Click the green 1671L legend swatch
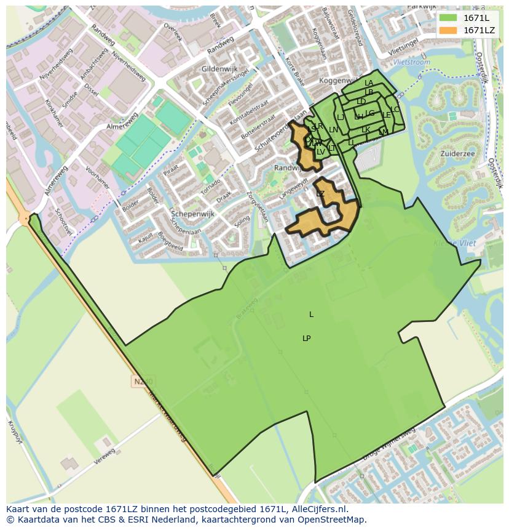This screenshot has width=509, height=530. tap(448, 18)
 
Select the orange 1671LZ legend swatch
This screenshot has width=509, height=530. tap(448, 30)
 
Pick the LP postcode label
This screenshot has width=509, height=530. tap(306, 339)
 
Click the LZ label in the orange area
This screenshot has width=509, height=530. tap(320, 193)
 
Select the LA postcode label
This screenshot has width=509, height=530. tap(369, 83)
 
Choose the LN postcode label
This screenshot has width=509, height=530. tap(333, 130)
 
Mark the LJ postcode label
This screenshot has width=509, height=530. tap(340, 118)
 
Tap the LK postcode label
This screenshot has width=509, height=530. tap(366, 130)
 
